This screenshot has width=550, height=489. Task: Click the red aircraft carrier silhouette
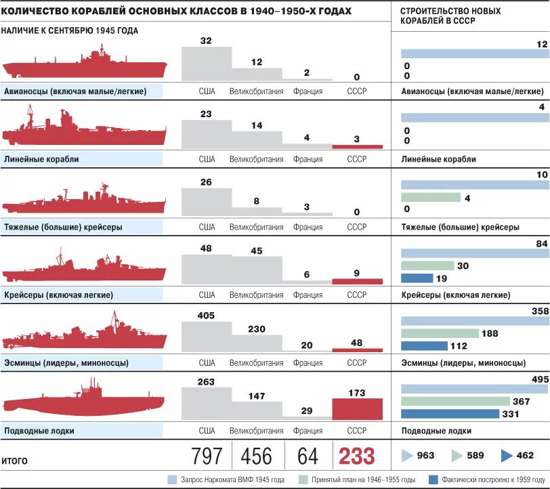85,68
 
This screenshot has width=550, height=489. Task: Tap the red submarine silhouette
85,402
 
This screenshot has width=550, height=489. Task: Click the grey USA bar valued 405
207,335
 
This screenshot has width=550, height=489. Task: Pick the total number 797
207,456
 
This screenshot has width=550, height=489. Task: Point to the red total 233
356,456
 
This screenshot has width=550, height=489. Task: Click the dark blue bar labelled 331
450,414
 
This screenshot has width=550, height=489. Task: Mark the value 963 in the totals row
425,456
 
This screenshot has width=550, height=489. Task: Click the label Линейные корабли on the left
42,159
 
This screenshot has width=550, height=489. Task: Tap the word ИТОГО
15,461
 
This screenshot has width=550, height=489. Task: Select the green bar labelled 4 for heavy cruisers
430,198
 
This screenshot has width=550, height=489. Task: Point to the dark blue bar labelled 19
417,278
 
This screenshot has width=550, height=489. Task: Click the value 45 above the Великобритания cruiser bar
256,251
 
